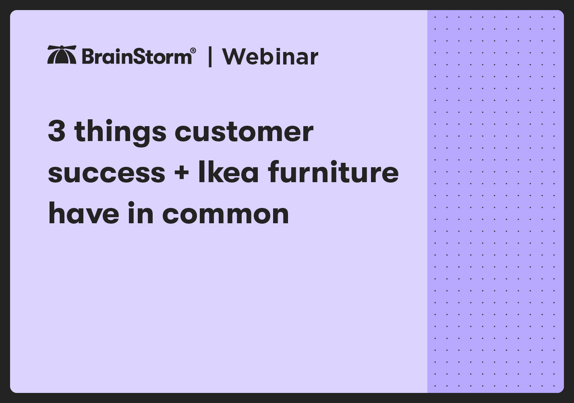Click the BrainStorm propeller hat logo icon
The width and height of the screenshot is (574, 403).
click(x=62, y=54)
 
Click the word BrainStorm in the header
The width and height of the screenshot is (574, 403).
click(x=137, y=56)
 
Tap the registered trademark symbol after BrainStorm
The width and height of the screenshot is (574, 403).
click(x=193, y=50)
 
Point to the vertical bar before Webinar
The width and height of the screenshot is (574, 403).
click(x=210, y=57)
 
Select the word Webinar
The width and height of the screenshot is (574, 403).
click(x=270, y=57)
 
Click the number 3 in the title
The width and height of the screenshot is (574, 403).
click(x=57, y=131)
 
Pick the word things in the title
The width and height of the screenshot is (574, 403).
click(x=120, y=133)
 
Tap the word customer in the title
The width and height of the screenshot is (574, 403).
click(x=244, y=132)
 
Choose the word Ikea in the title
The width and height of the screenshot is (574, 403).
click(x=228, y=172)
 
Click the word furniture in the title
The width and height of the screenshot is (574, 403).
click(x=334, y=171)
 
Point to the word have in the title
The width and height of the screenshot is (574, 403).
click(x=83, y=213)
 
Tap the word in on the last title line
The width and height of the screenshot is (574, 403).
click(x=141, y=213)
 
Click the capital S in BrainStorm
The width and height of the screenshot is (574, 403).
click(x=139, y=56)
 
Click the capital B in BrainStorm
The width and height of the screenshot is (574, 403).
click(x=87, y=56)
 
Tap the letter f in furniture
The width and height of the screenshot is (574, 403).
click(x=274, y=171)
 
